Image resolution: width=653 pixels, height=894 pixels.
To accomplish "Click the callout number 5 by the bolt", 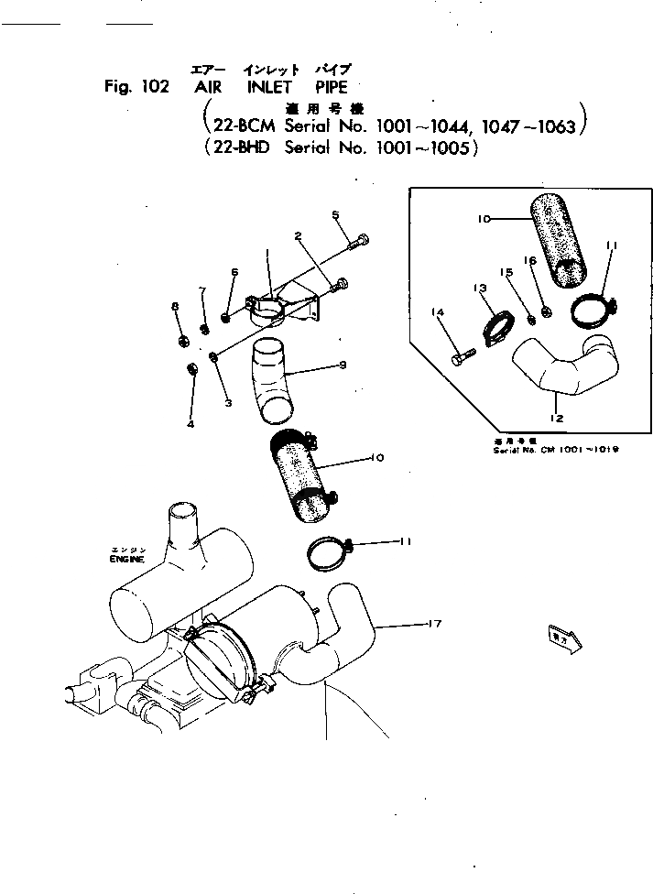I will click(335, 215).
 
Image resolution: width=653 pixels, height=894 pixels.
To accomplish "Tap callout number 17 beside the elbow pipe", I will click(435, 624).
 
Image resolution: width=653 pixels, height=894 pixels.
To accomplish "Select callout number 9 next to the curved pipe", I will click(341, 365).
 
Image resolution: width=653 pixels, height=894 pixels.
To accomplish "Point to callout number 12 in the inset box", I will click(556, 419).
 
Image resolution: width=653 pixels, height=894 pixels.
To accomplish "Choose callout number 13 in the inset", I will click(480, 289).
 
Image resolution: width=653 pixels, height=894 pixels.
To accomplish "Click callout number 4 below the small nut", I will click(190, 423).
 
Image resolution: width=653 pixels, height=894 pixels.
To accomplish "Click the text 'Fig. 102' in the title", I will click(136, 88).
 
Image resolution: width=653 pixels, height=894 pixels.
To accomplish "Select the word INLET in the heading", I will click(268, 88).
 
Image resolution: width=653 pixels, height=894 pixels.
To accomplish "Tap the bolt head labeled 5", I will click(362, 243).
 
